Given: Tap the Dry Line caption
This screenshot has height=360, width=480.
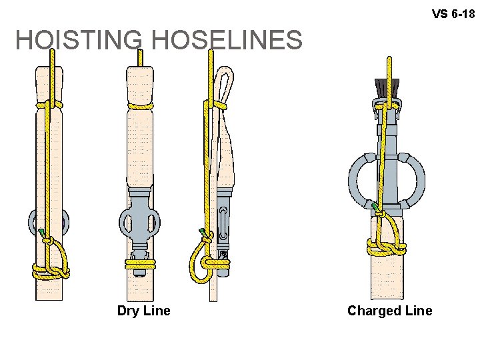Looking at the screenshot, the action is pyautogui.click(x=143, y=311).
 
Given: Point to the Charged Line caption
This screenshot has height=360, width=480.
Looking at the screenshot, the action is pyautogui.click(x=389, y=311).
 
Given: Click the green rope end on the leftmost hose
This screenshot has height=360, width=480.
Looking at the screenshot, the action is pyautogui.click(x=43, y=233).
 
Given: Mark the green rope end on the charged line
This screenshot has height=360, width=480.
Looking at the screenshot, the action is pyautogui.click(x=377, y=209).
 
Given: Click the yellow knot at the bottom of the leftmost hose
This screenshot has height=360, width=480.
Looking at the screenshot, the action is pyautogui.click(x=50, y=271).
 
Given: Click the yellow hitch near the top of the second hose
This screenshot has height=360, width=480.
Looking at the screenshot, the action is pyautogui.click(x=140, y=105).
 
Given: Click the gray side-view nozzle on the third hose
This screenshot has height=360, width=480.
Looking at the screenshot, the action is pyautogui.click(x=223, y=223).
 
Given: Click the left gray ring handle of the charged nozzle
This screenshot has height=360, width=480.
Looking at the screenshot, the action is pyautogui.click(x=361, y=178).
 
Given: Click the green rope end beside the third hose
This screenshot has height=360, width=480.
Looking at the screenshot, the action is pyautogui.click(x=203, y=232).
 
